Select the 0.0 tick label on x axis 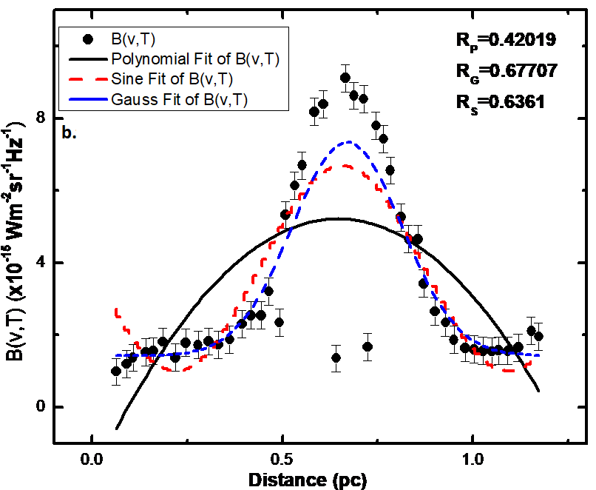[x=92, y=460]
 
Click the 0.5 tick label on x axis [x=282, y=460]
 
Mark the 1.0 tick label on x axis [x=472, y=460]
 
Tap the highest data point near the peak [x=345, y=78]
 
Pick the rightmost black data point [x=539, y=336]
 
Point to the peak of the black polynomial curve [x=337, y=218]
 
